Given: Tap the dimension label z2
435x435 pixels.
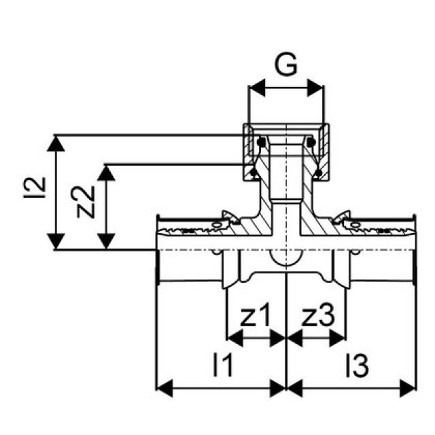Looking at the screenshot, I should (x=85, y=203).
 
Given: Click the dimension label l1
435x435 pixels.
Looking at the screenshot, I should (x=223, y=366).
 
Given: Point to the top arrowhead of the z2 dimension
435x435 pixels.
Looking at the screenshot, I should (x=106, y=171).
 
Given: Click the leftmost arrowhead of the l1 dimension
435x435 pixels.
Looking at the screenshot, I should (x=164, y=387).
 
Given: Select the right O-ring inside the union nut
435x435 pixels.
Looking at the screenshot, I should (x=310, y=142).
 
